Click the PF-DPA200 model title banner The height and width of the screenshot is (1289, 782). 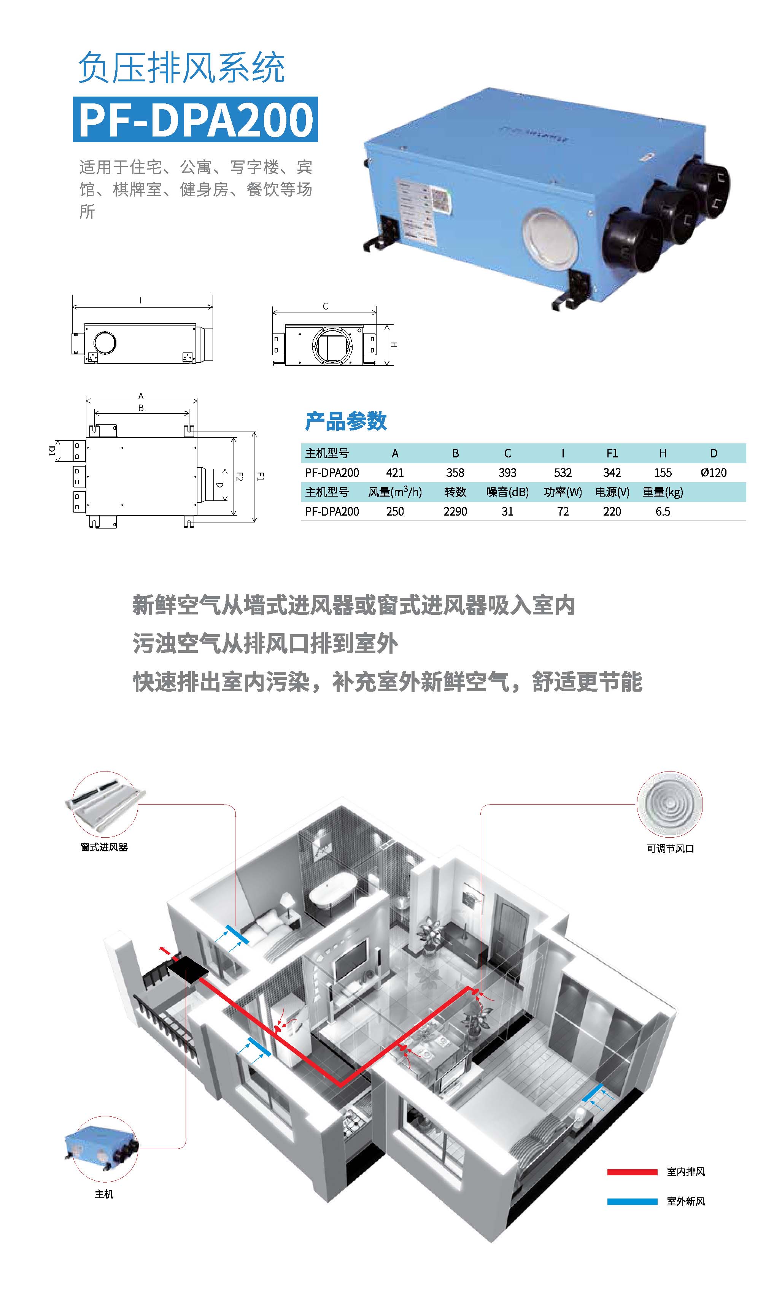195,120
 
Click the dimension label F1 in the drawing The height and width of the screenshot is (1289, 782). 261,476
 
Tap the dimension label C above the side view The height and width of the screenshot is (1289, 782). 325,306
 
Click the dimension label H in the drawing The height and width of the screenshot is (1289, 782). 394,345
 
